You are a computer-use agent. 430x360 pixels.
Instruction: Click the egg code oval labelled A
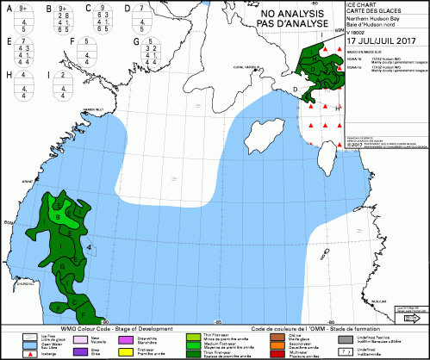[24, 16]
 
